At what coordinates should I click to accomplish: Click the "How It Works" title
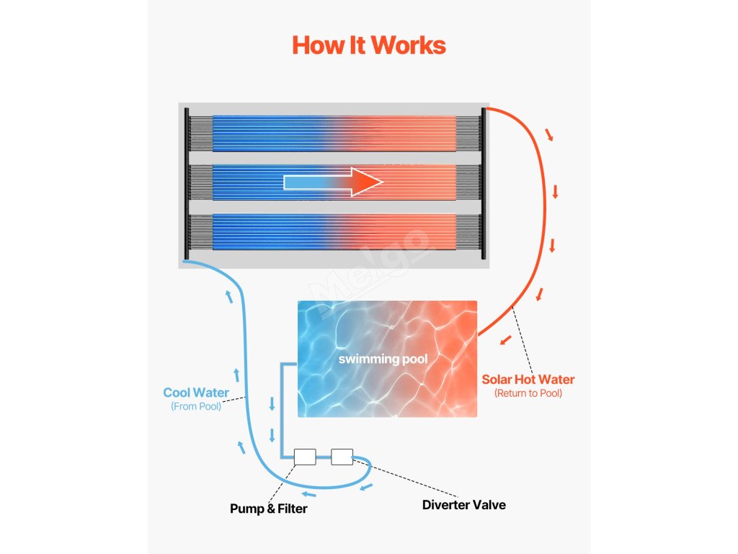(x=368, y=45)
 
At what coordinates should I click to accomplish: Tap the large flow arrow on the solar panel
(x=333, y=182)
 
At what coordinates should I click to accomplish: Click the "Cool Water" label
(x=196, y=393)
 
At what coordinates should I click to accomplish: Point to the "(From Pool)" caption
(x=196, y=407)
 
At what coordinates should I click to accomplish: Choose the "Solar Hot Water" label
(x=528, y=379)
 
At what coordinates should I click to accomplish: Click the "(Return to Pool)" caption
(x=528, y=393)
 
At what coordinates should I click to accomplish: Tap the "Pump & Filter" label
(x=268, y=509)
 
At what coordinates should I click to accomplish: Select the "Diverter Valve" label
(x=463, y=505)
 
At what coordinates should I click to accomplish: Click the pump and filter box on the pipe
(x=305, y=457)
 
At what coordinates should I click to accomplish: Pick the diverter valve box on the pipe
(x=342, y=456)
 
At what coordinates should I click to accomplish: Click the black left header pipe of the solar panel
(x=187, y=183)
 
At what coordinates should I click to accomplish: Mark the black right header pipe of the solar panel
(x=484, y=183)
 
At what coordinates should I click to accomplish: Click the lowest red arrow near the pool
(x=507, y=339)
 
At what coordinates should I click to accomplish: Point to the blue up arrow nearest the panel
(x=229, y=295)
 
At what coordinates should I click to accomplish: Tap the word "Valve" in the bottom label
(x=489, y=505)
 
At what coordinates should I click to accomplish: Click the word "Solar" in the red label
(x=499, y=379)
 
